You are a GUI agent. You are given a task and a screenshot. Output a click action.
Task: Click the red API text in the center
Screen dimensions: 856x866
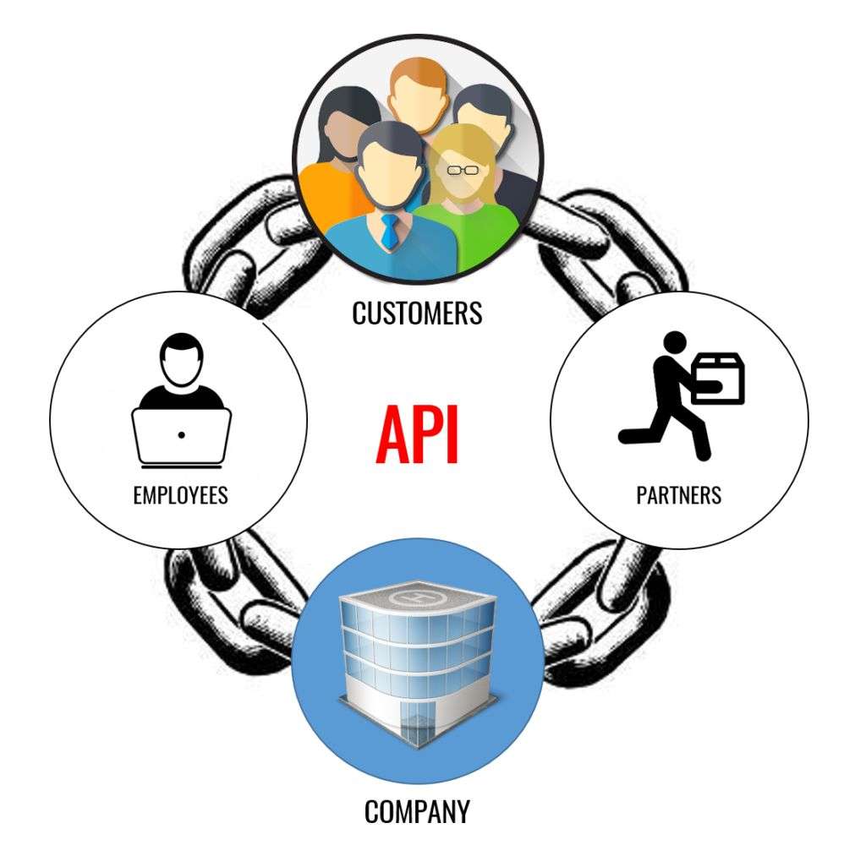tap(418, 433)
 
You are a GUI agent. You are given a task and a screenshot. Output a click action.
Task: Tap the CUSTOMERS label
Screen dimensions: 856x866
tap(417, 313)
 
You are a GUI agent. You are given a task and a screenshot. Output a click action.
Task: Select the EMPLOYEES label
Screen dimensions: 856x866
tap(180, 494)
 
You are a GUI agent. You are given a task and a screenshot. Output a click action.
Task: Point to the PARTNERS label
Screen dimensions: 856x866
tap(678, 494)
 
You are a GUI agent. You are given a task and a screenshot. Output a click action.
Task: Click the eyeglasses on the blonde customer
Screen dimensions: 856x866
tap(463, 170)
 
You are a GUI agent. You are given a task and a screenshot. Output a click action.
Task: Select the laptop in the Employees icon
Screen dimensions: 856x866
tap(181, 435)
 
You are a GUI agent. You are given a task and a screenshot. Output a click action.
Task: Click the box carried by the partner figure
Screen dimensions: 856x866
tap(717, 378)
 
